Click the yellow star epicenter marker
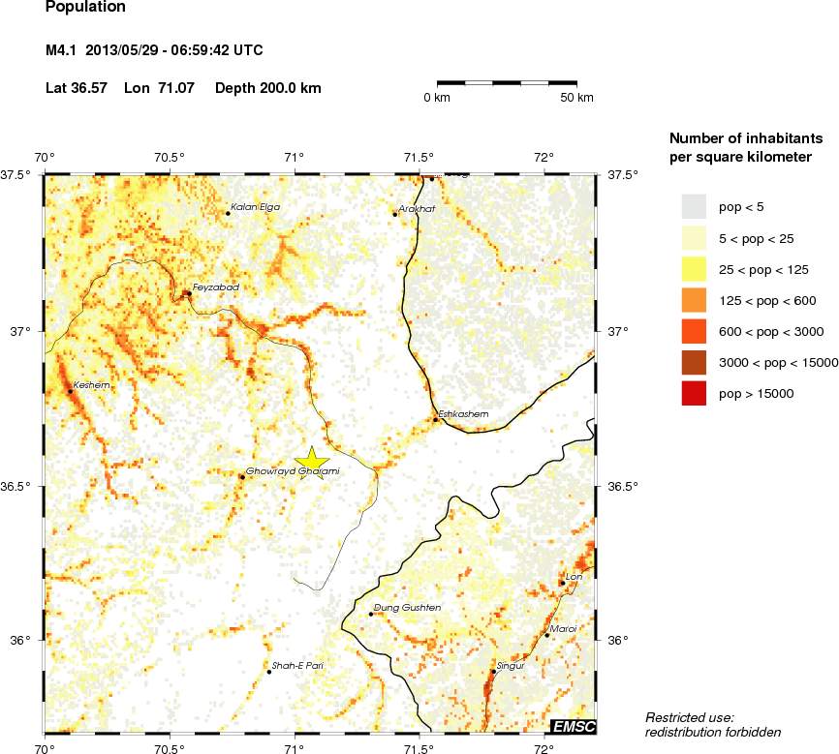tap(312, 462)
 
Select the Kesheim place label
tap(92, 384)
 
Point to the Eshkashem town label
tap(463, 414)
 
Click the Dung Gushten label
tap(407, 608)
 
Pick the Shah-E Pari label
tap(297, 666)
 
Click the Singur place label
tap(510, 666)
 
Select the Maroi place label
tap(563, 629)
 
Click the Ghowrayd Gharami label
tap(293, 471)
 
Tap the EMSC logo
tap(573, 726)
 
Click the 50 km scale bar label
tap(577, 98)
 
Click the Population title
tap(85, 7)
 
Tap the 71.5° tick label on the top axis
tap(419, 158)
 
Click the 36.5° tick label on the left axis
tap(18, 486)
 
